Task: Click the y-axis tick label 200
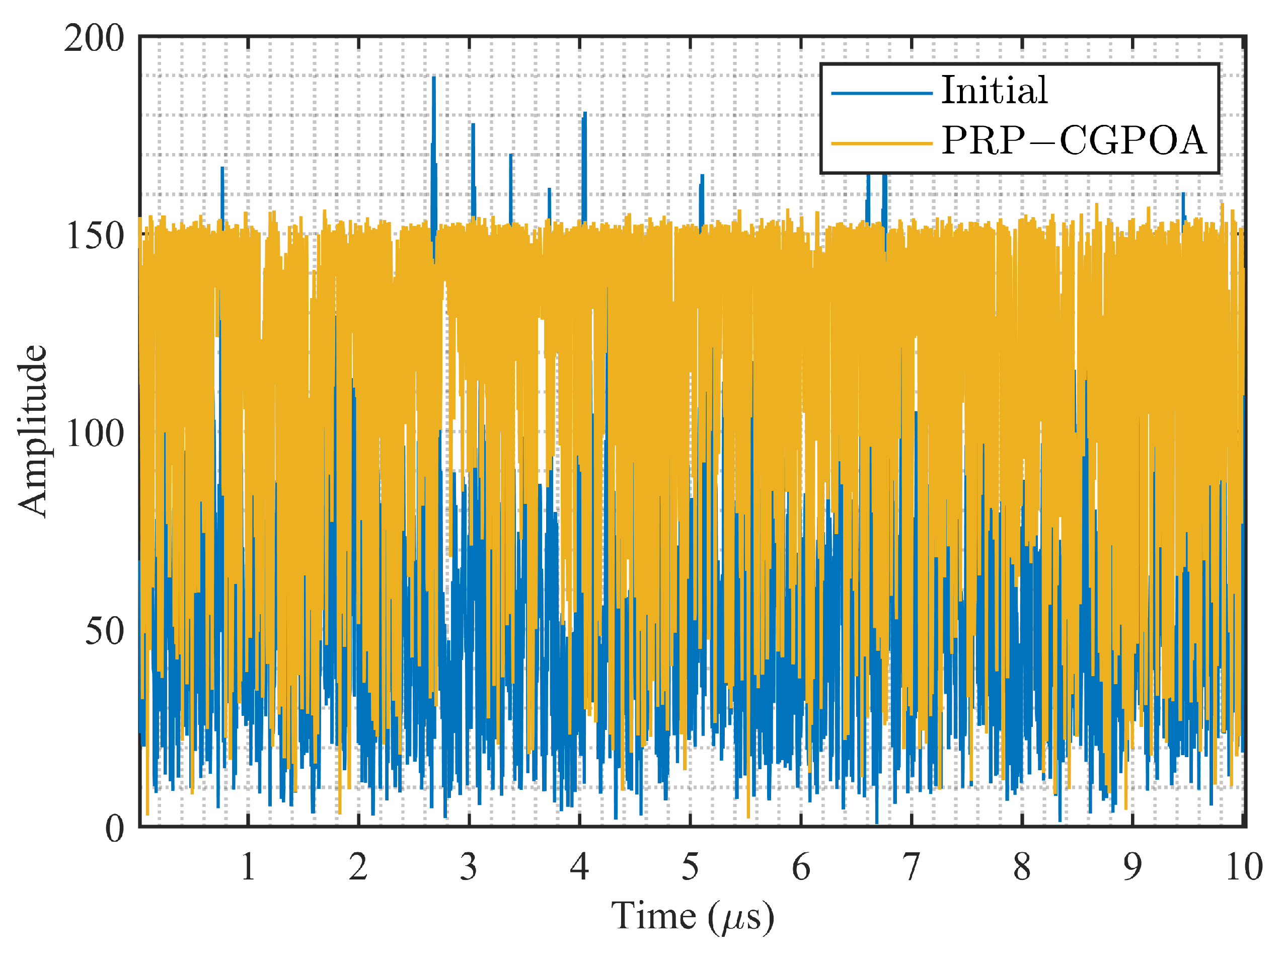coord(94,39)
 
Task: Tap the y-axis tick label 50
coord(104,631)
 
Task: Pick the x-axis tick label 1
coord(248,867)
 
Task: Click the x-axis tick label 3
coord(469,867)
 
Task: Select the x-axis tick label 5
coord(690,867)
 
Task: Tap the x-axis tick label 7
coord(911,867)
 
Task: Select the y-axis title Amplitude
coord(32,431)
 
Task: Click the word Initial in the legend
coord(994,91)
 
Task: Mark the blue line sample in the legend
coord(882,93)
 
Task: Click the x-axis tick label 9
coord(1133,867)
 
